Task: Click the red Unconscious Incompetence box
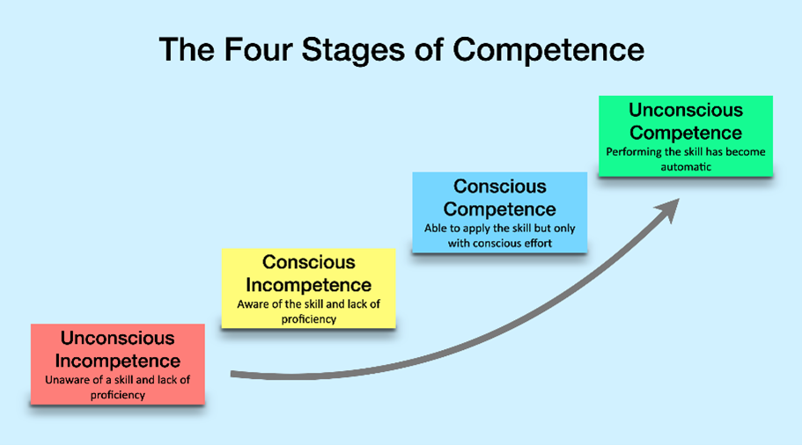(x=117, y=364)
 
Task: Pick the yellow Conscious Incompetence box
(x=308, y=288)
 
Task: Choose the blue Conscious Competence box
(x=499, y=212)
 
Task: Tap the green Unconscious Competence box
(x=685, y=135)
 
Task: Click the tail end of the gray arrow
(x=233, y=375)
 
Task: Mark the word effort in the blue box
(x=534, y=244)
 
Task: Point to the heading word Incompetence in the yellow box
(x=308, y=285)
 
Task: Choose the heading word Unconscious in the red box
(x=117, y=338)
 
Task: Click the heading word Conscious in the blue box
(x=499, y=186)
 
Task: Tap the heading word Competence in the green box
(x=686, y=133)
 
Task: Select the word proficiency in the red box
(x=117, y=395)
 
